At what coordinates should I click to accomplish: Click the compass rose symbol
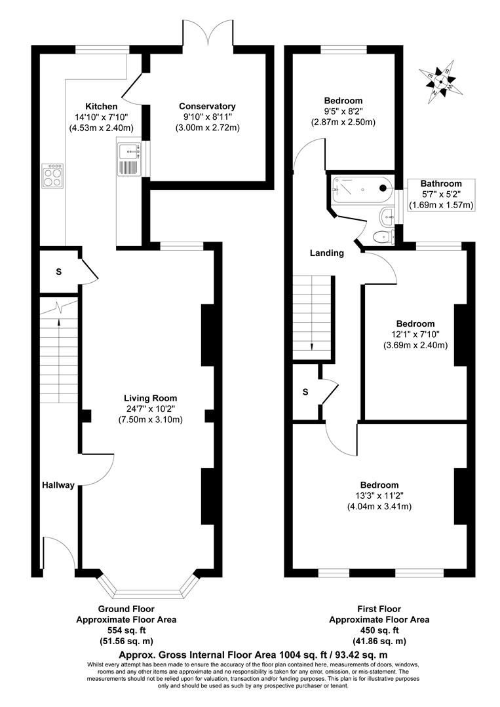click(x=440, y=82)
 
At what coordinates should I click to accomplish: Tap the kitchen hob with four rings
click(x=52, y=173)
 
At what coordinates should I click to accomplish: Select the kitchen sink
click(x=128, y=158)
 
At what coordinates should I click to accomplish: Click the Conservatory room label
click(x=207, y=106)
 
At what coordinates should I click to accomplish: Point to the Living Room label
click(x=151, y=397)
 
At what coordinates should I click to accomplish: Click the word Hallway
click(x=58, y=485)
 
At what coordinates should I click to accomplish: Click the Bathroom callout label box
click(x=441, y=194)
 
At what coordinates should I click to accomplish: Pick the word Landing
click(x=327, y=253)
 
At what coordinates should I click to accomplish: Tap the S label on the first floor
click(x=305, y=392)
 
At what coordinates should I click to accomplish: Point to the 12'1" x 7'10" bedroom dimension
click(x=415, y=335)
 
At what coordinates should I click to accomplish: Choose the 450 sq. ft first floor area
click(x=379, y=630)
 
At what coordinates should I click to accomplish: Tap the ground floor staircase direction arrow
click(x=59, y=323)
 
